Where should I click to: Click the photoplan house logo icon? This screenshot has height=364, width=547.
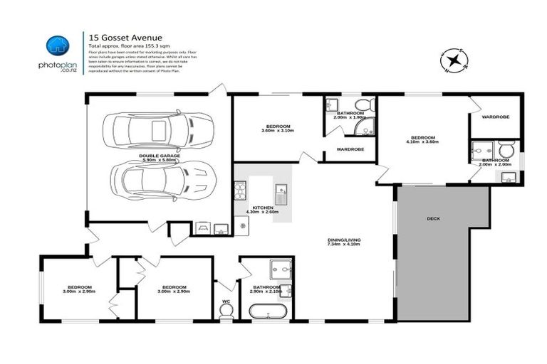click(x=57, y=45)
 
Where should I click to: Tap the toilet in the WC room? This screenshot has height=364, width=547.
click(x=226, y=314)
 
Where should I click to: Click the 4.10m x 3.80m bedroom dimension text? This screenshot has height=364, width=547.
click(x=423, y=141)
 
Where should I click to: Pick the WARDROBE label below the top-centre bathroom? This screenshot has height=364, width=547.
click(x=350, y=149)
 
